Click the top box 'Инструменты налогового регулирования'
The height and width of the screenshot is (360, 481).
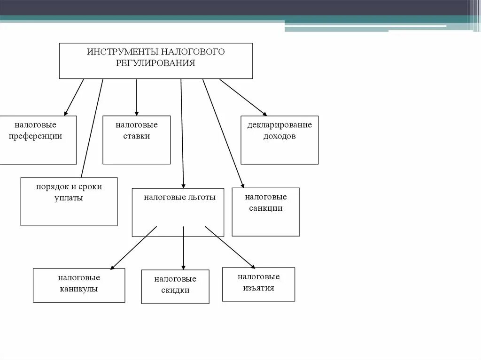[x=155, y=61]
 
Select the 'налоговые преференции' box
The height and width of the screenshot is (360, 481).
[x=38, y=140]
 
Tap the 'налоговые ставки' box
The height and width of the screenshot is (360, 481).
[x=136, y=140]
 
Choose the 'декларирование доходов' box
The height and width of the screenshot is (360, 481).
[x=279, y=140]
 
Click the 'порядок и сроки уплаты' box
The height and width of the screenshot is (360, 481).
[x=69, y=201]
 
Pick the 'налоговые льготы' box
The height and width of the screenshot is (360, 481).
[x=179, y=212]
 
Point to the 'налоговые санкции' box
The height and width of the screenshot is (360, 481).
[x=265, y=212]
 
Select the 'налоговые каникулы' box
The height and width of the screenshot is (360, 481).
[x=79, y=285]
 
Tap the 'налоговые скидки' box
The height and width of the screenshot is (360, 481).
[x=175, y=286]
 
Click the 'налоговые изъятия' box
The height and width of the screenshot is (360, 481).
[x=258, y=284]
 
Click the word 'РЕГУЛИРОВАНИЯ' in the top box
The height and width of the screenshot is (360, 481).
[x=155, y=63]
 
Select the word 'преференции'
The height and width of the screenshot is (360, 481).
[x=38, y=136]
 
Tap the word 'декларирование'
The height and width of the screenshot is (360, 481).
[x=279, y=125]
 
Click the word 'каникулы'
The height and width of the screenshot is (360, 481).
[x=79, y=289]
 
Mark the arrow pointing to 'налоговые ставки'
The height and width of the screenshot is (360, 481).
[x=137, y=97]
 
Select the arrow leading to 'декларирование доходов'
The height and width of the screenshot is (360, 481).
[x=243, y=97]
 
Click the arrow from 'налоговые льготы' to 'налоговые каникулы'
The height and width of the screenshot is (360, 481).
[x=133, y=248]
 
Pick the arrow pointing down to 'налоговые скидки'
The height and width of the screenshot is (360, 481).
[x=183, y=248]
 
